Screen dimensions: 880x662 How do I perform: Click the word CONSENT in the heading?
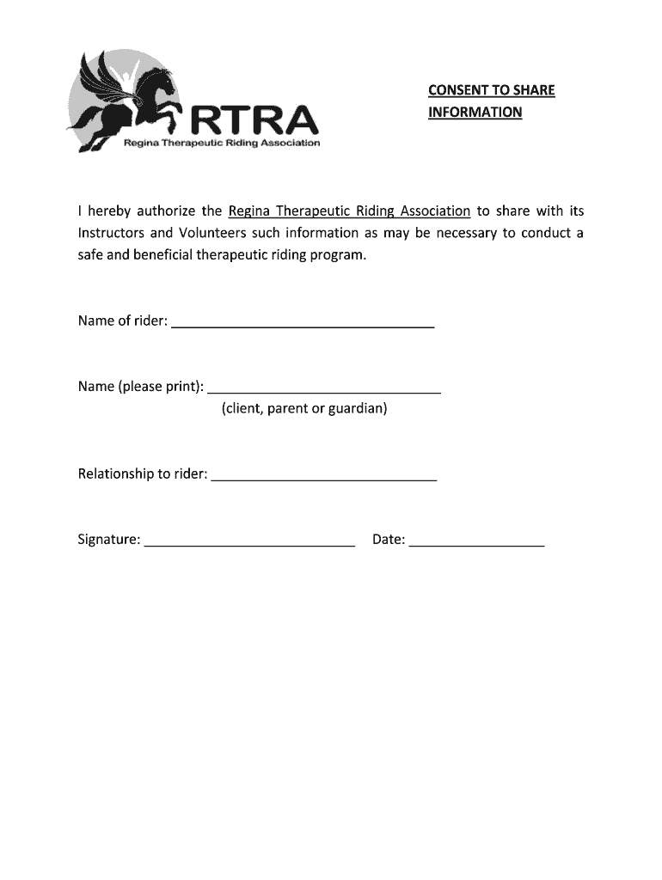(x=457, y=90)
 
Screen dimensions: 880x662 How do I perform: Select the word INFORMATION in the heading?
(x=475, y=113)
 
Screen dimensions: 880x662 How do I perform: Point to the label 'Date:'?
(x=389, y=540)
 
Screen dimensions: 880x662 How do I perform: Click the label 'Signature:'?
(x=109, y=540)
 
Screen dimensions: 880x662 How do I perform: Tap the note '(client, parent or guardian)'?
(x=304, y=408)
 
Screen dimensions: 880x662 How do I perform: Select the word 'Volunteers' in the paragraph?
(x=213, y=234)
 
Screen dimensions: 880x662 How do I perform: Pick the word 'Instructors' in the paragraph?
(x=111, y=234)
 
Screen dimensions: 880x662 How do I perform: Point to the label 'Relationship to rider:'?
(x=143, y=474)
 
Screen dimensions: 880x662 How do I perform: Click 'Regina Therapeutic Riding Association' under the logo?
(x=222, y=144)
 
